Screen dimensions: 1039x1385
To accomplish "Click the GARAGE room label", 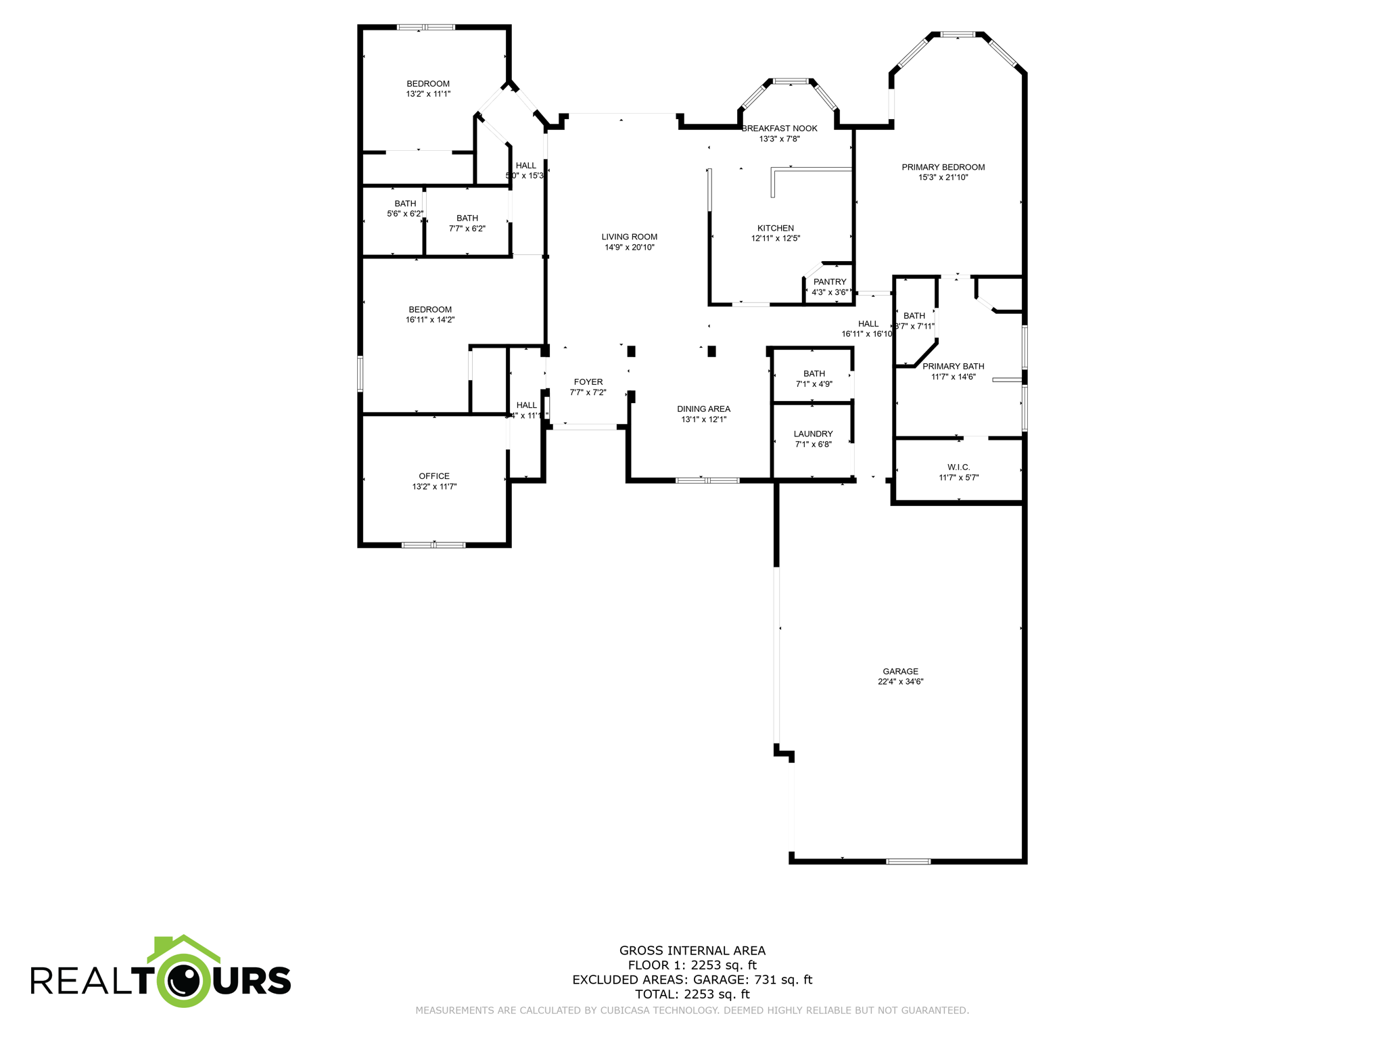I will (x=900, y=671).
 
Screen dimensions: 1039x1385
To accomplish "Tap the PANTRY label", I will (x=830, y=282).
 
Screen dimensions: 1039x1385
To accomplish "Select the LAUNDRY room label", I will (x=813, y=434).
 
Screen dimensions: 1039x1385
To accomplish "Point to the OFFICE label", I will (x=434, y=476).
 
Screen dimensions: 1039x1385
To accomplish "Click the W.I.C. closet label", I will (x=958, y=467).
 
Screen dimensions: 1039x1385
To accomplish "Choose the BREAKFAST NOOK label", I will (x=779, y=129).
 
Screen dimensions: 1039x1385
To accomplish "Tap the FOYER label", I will (x=588, y=382).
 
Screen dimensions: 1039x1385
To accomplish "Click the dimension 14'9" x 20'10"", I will (x=629, y=248).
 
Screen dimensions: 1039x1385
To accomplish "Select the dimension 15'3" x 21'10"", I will (x=943, y=178).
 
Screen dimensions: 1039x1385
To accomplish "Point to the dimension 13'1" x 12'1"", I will (x=703, y=419).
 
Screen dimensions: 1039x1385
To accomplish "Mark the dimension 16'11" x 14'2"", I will (x=430, y=320).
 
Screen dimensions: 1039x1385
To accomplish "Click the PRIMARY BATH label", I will (x=953, y=367).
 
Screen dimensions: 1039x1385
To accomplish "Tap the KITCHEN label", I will (x=776, y=229).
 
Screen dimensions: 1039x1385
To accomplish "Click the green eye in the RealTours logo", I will (x=184, y=979).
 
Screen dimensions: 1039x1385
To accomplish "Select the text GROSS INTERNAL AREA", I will (x=692, y=950).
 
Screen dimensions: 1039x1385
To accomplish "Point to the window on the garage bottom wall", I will (x=908, y=861).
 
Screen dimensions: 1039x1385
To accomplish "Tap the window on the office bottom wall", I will (x=433, y=545).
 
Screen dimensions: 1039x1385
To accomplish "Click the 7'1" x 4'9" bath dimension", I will (x=814, y=384).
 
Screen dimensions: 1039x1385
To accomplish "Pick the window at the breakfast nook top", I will (x=791, y=82).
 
